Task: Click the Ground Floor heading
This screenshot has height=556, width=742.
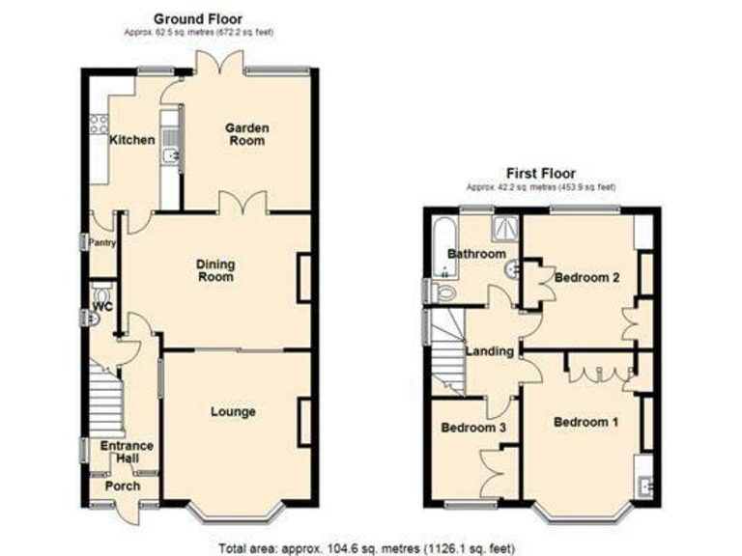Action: pyautogui.click(x=198, y=18)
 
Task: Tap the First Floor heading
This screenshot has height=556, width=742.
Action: pyautogui.click(x=541, y=174)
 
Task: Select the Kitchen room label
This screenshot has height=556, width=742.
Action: pyautogui.click(x=131, y=141)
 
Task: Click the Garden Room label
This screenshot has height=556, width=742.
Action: pyautogui.click(x=247, y=134)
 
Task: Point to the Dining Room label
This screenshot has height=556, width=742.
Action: pyautogui.click(x=215, y=270)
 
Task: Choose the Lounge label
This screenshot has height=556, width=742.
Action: pyautogui.click(x=233, y=412)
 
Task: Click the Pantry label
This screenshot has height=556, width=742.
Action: pyautogui.click(x=101, y=243)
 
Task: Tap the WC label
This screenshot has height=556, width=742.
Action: pyautogui.click(x=103, y=307)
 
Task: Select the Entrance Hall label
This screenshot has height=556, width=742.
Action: pyautogui.click(x=127, y=452)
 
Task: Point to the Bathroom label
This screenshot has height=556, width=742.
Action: pyautogui.click(x=475, y=255)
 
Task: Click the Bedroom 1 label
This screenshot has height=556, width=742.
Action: pyautogui.click(x=585, y=422)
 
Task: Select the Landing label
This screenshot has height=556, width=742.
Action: pyautogui.click(x=490, y=351)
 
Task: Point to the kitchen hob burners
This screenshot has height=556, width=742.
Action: pyautogui.click(x=97, y=123)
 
